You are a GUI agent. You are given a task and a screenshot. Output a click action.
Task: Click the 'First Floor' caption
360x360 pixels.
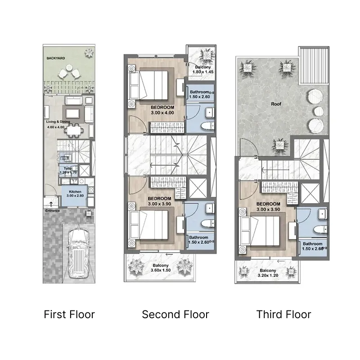(x=69, y=314)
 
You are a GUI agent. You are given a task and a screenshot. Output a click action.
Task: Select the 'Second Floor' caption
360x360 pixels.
(x=175, y=314)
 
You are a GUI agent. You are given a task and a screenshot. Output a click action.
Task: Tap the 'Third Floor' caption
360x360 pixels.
(x=283, y=314)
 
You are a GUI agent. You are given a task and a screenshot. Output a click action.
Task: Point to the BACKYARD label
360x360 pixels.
(x=56, y=58)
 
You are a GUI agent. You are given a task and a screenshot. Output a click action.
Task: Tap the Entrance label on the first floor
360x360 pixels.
(x=52, y=210)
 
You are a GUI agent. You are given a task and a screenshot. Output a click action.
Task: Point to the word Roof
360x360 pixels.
(x=276, y=104)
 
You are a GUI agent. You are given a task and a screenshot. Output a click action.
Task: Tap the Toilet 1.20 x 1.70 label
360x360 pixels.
(x=68, y=170)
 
